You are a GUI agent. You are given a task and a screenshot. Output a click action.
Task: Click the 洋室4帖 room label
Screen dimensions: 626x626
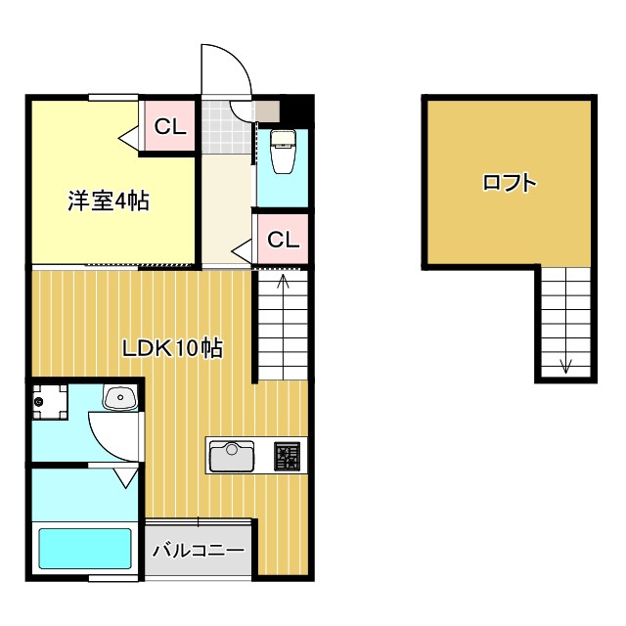pyautogui.click(x=108, y=202)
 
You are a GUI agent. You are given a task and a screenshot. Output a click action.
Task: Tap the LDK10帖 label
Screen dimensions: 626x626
pyautogui.click(x=172, y=347)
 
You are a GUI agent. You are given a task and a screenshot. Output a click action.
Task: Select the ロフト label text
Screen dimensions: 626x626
pyautogui.click(x=509, y=182)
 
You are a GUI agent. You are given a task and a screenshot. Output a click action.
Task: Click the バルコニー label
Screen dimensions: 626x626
pyautogui.click(x=199, y=552)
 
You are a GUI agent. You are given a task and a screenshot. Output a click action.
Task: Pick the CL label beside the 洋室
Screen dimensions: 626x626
pyautogui.click(x=169, y=126)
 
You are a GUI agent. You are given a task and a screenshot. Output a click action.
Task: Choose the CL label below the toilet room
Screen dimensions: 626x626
pyautogui.click(x=283, y=239)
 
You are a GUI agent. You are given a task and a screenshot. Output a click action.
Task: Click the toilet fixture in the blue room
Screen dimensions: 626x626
pyautogui.click(x=282, y=152)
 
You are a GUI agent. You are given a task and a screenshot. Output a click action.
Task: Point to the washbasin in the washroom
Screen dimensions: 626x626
pyautogui.click(x=119, y=398)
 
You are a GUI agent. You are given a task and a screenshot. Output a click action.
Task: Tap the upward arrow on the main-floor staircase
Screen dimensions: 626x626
pyautogui.click(x=284, y=285)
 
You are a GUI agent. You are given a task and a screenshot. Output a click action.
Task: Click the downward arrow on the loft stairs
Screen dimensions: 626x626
pyautogui.click(x=566, y=366)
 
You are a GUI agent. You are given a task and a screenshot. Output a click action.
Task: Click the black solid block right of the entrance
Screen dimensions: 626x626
pyautogui.click(x=299, y=108)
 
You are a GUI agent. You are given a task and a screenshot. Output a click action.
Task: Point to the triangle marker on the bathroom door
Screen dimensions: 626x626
pyautogui.click(x=125, y=478)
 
